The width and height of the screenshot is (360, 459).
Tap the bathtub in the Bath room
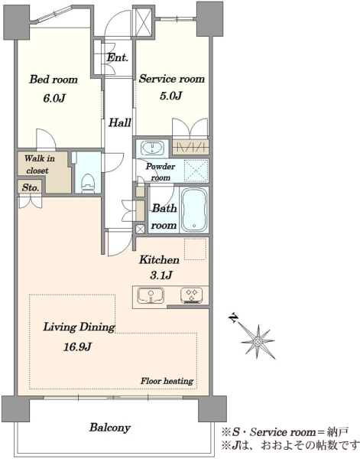(x=194, y=210)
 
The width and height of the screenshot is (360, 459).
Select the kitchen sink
(x=151, y=295)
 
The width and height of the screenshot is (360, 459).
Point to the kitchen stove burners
(x=191, y=295)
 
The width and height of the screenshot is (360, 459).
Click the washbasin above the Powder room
(x=152, y=148)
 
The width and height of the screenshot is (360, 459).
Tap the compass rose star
(x=258, y=342)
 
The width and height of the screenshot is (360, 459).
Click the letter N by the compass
(x=234, y=318)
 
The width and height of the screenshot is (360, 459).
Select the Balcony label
(x=110, y=428)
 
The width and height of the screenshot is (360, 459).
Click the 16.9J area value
(x=78, y=347)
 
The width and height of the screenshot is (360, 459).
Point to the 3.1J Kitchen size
(x=160, y=275)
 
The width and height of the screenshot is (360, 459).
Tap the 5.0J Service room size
(x=171, y=96)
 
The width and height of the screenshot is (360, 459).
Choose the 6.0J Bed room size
(x=54, y=98)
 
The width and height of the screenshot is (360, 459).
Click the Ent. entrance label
(x=117, y=57)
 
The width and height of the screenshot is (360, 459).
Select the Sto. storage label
(x=31, y=187)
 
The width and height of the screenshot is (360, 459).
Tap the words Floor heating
(x=167, y=381)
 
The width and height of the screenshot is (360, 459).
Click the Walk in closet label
(x=39, y=164)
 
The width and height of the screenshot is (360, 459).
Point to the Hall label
(x=119, y=122)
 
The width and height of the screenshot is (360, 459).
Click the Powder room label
(x=161, y=172)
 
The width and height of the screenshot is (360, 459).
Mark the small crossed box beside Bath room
(x=141, y=229)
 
